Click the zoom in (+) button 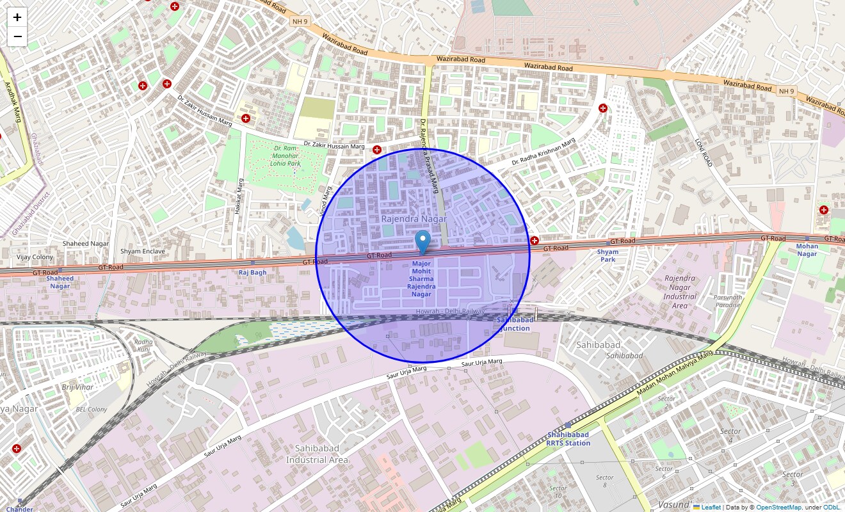pyautogui.click(x=17, y=17)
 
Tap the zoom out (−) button pyautogui.click(x=17, y=36)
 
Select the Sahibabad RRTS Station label pyautogui.click(x=568, y=439)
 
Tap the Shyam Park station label pyautogui.click(x=608, y=255)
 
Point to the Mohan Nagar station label pyautogui.click(x=807, y=250)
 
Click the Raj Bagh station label pyautogui.click(x=252, y=272)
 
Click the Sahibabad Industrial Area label pyautogui.click(x=317, y=454)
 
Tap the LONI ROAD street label pyautogui.click(x=704, y=154)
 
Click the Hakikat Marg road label pyautogui.click(x=241, y=196)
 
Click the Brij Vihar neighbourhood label pyautogui.click(x=77, y=388)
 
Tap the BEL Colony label pyautogui.click(x=91, y=409)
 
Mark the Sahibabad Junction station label pyautogui.click(x=514, y=324)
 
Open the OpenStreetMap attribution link pyautogui.click(x=778, y=507)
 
